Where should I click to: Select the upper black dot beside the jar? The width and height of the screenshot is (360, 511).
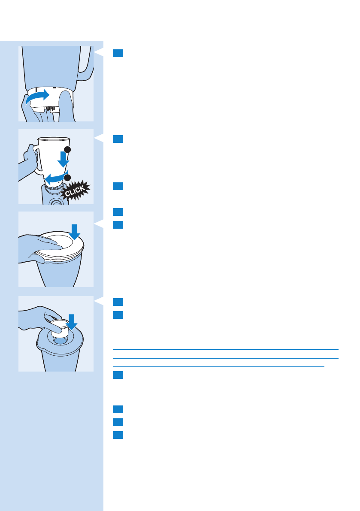point(67,150)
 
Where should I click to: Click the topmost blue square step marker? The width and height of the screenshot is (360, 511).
point(118,53)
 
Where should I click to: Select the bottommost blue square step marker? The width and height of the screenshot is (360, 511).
point(118,435)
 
